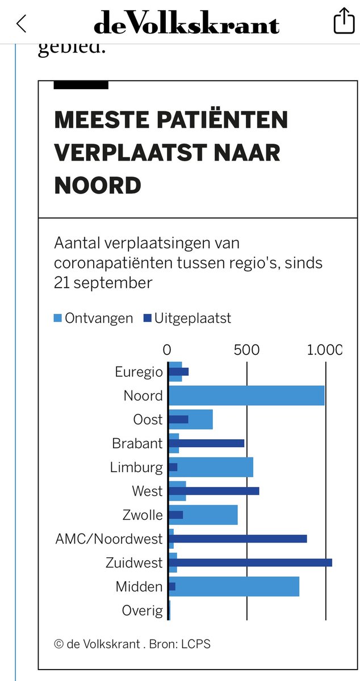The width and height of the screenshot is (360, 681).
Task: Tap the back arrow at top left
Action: (22, 23)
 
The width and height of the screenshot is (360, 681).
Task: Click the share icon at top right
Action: (343, 22)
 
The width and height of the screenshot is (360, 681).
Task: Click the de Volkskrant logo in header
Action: (186, 23)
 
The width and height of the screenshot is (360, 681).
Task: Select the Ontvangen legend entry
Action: (93, 318)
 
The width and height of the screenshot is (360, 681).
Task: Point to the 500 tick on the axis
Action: (246, 349)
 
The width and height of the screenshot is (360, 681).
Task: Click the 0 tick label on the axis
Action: (167, 349)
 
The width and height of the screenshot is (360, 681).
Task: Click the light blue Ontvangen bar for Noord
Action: (246, 396)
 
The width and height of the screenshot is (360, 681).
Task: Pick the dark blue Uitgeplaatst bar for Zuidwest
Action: (250, 562)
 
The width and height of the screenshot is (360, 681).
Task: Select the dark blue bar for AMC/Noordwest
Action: (238, 539)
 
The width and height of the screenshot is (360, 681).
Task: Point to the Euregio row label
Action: (139, 372)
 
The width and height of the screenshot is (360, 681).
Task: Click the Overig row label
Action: (142, 611)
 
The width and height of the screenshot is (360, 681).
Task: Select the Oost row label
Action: (148, 420)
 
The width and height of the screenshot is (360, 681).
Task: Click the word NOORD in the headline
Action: (97, 186)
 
